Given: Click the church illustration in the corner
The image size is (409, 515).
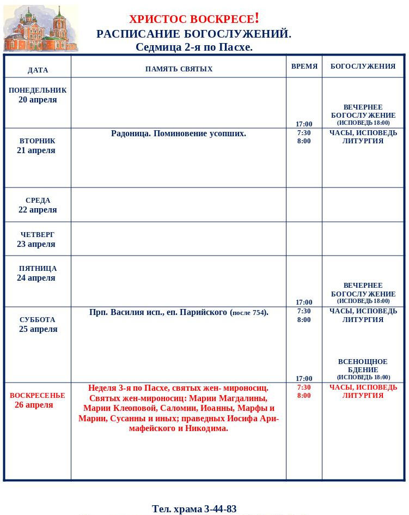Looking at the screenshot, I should [40, 28].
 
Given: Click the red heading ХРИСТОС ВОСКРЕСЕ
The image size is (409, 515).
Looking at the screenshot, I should [194, 19].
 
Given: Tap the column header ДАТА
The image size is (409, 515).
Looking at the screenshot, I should [38, 70].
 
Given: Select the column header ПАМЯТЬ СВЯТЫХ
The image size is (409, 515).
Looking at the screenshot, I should [179, 69].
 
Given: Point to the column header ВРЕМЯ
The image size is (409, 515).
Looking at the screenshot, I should [304, 66].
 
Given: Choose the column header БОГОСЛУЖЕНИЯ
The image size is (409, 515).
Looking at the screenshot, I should [363, 66].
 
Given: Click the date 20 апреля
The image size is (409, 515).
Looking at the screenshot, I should [38, 100].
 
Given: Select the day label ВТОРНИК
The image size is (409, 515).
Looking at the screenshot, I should [37, 141].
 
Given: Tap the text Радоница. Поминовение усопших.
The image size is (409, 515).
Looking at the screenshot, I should [179, 134].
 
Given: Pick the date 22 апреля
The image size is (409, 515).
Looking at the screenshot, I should [38, 210].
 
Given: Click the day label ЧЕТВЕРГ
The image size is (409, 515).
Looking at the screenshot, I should [38, 235].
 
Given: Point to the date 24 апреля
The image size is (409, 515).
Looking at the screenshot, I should [36, 278].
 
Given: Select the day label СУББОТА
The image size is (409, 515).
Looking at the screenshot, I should [38, 320].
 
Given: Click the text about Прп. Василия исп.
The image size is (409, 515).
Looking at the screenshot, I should [179, 312].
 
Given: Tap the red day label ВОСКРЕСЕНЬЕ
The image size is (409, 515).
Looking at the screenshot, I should [37, 396].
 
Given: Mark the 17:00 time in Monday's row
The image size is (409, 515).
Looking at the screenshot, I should [304, 124].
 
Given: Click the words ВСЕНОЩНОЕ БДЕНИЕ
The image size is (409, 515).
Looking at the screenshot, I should [363, 366].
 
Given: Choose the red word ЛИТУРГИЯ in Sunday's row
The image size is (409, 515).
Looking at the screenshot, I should [363, 396].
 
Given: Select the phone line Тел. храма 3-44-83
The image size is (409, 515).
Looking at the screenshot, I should [194, 509].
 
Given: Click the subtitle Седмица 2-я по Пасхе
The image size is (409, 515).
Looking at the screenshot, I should [194, 47].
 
